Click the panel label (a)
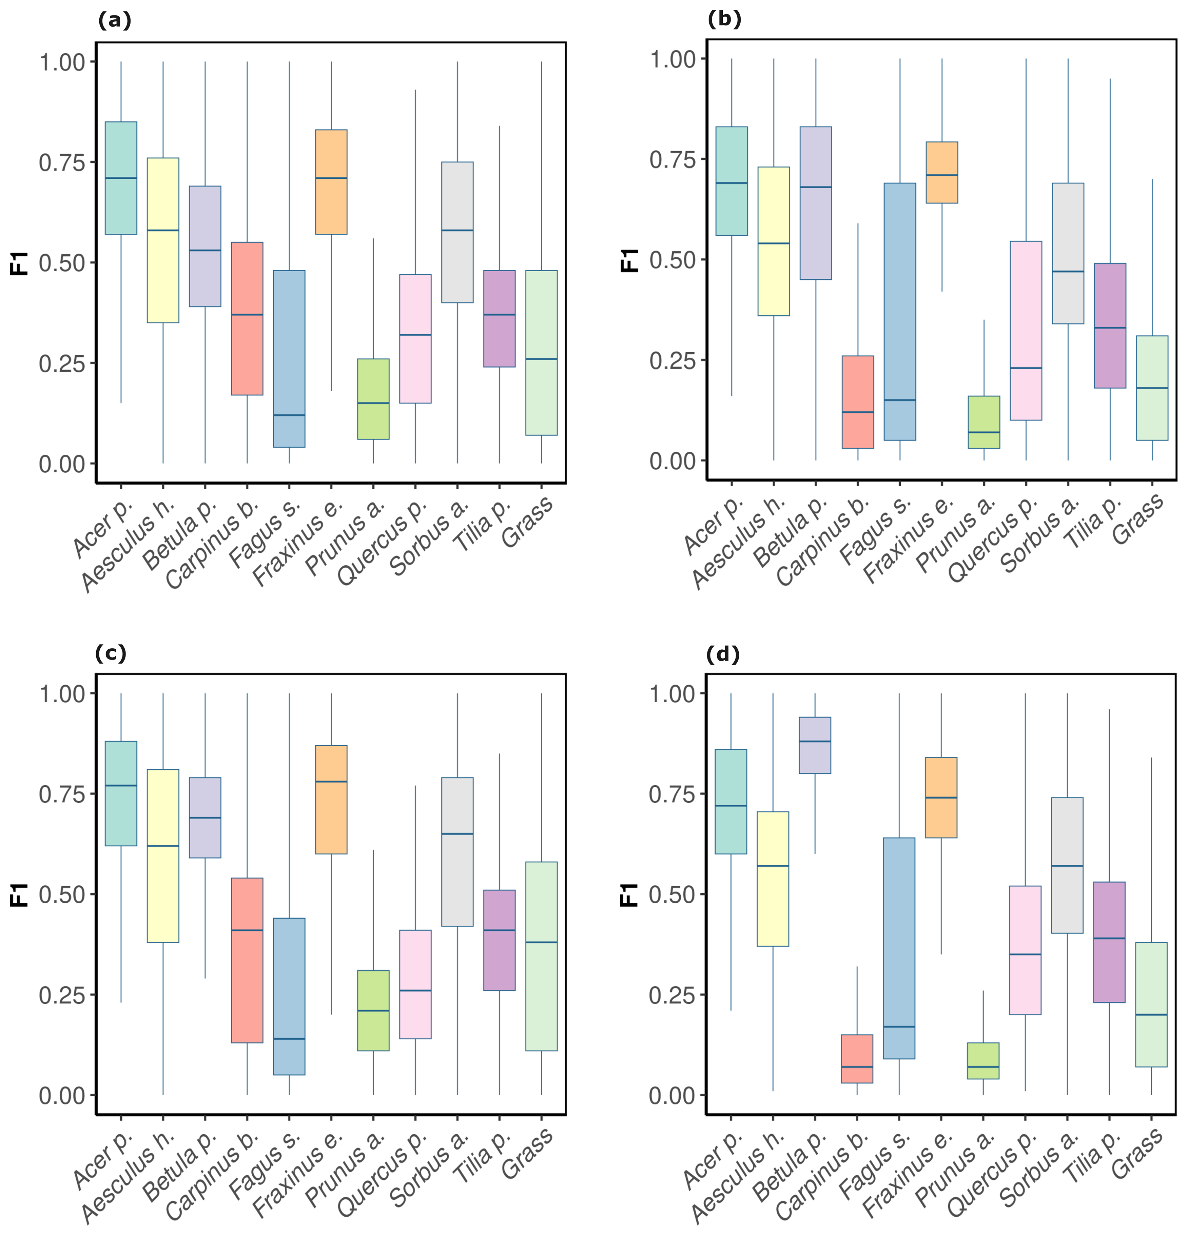click(x=115, y=21)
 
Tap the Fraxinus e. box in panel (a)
click(x=331, y=182)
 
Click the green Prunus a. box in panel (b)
click(x=984, y=422)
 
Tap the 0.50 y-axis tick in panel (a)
click(x=62, y=263)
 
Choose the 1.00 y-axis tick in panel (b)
click(x=672, y=59)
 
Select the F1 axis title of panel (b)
click(x=630, y=260)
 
